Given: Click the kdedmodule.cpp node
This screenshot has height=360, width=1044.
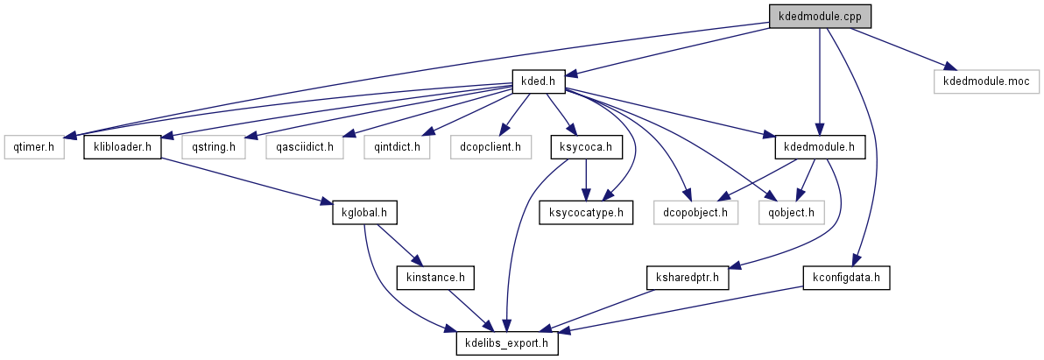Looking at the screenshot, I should [821, 16].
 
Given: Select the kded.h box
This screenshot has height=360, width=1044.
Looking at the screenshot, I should [539, 81].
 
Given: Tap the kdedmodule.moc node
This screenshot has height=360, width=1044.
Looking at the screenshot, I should [986, 81].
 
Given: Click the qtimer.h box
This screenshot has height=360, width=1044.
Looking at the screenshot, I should [34, 147].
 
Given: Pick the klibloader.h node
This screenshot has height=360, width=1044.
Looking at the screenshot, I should [123, 147].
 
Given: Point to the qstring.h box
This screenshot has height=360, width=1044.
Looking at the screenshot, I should [214, 147].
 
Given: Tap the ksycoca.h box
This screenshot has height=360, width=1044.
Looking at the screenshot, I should [586, 147].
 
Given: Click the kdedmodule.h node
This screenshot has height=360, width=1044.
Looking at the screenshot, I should [821, 147].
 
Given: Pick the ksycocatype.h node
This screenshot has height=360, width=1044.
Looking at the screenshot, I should [586, 213].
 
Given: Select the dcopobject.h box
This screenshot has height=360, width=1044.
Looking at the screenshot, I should [696, 213].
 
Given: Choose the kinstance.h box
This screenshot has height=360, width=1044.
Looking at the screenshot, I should [435, 279].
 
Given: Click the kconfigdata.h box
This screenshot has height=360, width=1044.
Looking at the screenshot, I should [847, 279].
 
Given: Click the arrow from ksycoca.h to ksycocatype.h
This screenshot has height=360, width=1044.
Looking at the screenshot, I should [586, 180].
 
